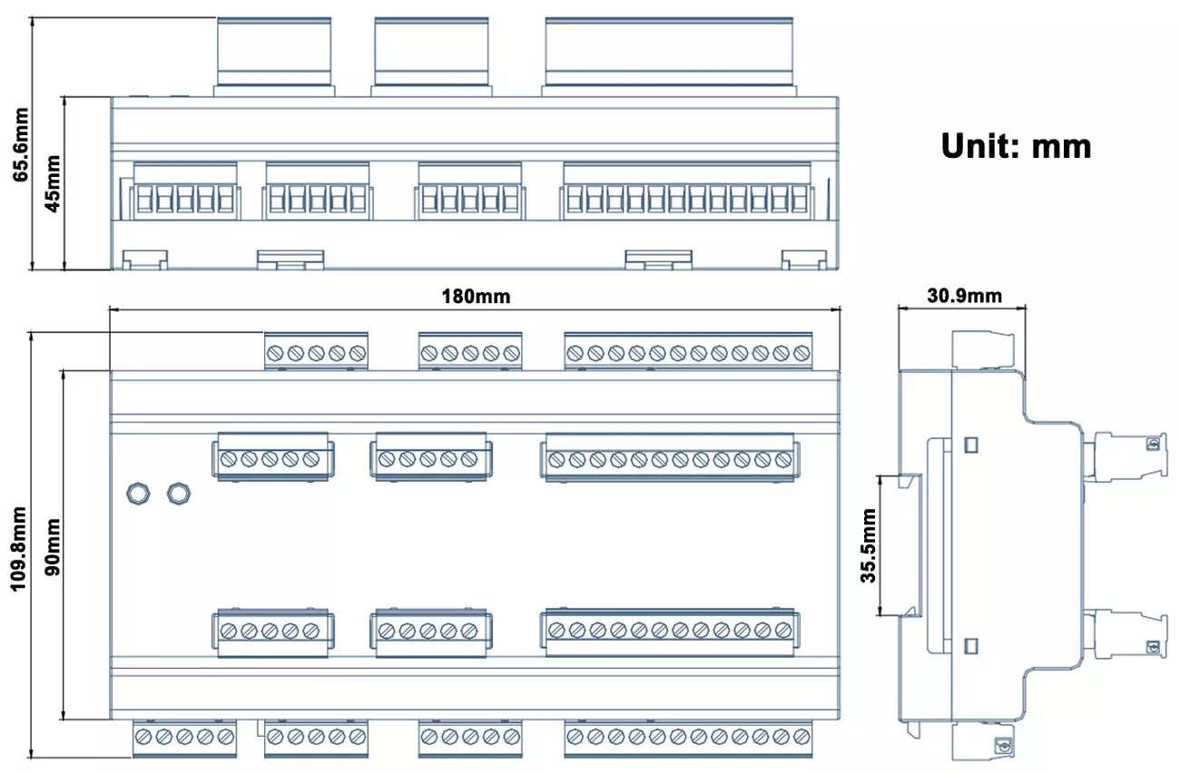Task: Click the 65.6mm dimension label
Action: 20,146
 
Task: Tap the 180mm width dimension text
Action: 476,297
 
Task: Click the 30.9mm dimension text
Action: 964,296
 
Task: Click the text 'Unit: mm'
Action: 1016,145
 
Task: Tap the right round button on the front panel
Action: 179,493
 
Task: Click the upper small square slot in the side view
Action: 969,446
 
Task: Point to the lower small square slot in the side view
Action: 969,646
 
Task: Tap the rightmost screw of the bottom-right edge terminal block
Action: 801,737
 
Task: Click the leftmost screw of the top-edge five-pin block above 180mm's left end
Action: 276,353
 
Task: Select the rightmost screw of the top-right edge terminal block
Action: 801,353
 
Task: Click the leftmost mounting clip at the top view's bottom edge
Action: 145,260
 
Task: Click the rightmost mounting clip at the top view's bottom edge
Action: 804,260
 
